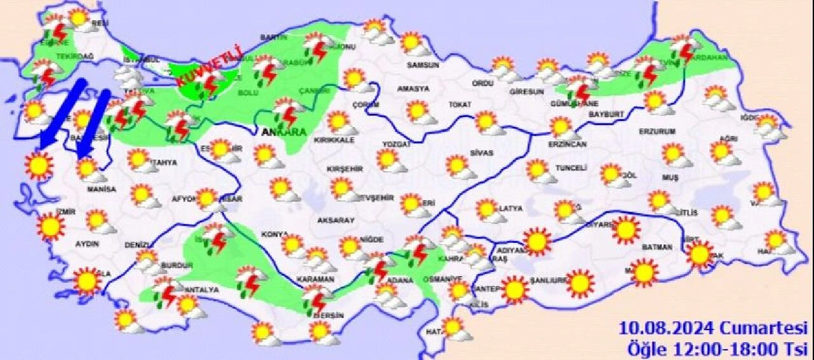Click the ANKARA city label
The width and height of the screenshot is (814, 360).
click(x=284, y=132)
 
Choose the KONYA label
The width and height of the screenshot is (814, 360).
click(x=275, y=235)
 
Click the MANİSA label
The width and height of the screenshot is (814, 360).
click(x=102, y=190)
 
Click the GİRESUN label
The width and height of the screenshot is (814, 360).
click(x=527, y=92)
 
